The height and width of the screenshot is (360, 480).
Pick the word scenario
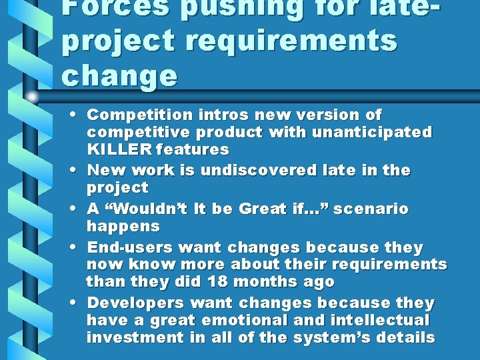[371, 209]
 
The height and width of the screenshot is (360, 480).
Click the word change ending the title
[120, 75]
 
